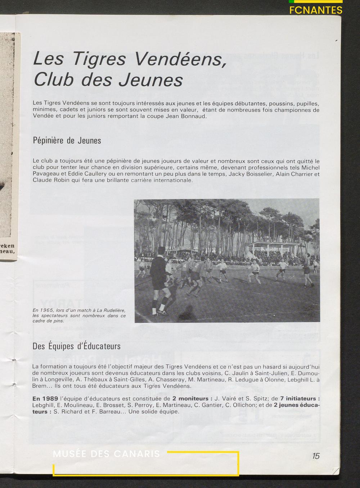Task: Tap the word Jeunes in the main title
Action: point(151,80)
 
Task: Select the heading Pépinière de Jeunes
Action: point(67,140)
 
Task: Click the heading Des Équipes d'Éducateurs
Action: point(76,346)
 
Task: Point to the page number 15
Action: point(316,456)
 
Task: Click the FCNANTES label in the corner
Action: point(316,10)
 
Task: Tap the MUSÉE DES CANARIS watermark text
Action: point(106,454)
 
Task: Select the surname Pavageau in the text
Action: point(45,174)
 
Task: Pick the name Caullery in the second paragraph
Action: point(95,174)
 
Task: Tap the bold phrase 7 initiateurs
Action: point(300,399)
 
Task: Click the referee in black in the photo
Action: point(159,277)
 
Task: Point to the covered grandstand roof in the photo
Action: point(275,244)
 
